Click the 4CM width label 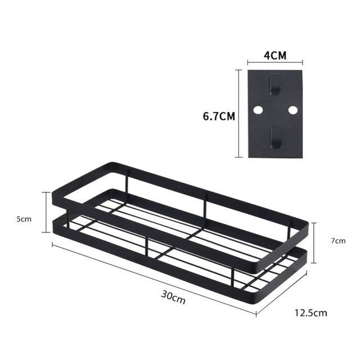click(275, 56)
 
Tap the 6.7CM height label click(219, 116)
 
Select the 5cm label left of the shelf click(24, 219)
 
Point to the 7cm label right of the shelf click(337, 240)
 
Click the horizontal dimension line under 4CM click(275, 64)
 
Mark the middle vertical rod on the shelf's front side click(147, 247)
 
